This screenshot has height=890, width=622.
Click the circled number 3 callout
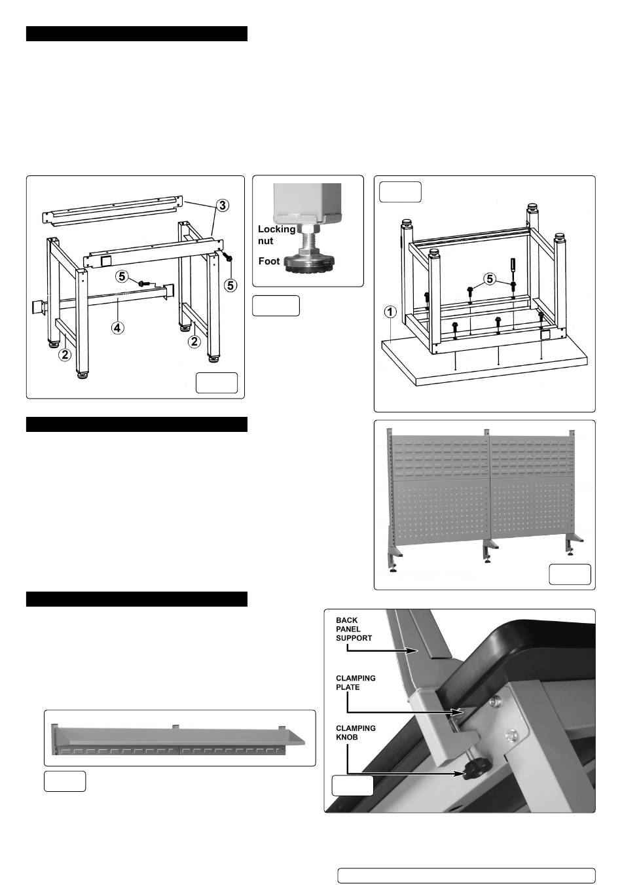223,205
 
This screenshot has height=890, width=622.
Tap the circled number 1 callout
390,312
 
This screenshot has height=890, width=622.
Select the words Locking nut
276,235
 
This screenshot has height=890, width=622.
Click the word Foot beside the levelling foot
269,261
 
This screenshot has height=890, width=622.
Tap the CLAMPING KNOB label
356,732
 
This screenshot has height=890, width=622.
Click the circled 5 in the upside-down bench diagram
491,279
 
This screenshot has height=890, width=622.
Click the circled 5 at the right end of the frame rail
231,285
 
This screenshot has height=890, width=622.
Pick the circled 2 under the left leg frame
65,355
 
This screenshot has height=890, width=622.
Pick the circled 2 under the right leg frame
194,342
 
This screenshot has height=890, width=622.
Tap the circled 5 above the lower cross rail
122,277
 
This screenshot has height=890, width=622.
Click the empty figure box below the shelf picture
65,781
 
